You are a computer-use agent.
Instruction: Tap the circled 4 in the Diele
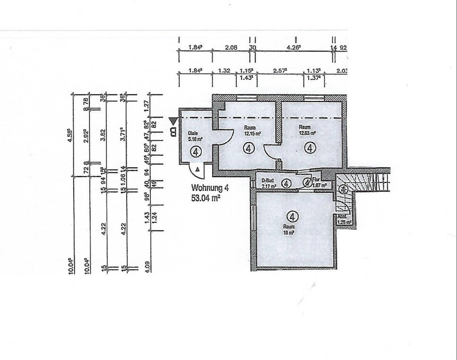(x=195, y=151)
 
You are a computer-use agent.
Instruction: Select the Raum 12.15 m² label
(x=250, y=131)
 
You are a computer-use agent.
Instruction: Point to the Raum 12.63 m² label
(x=307, y=130)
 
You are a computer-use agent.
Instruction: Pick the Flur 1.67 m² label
(x=319, y=183)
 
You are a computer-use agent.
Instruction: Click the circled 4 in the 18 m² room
(x=293, y=217)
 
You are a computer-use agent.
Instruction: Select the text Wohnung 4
(x=210, y=188)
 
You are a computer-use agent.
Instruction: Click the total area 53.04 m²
(x=206, y=198)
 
